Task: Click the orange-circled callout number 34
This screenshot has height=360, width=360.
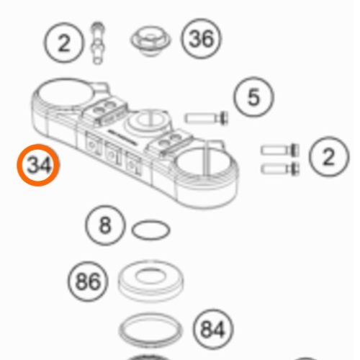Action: pos(38,165)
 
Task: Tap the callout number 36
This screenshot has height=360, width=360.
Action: pos(201,38)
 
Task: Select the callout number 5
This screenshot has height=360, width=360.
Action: pos(253,96)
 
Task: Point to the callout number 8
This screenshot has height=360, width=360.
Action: pos(105,225)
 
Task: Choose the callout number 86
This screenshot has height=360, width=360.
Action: pos(88,282)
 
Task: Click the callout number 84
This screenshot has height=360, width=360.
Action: pos(212,329)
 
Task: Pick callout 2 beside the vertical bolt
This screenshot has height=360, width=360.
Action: pos(64,42)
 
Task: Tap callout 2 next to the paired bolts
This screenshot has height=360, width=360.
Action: pos(329,156)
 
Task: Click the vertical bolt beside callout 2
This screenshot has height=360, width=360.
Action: pos(97,43)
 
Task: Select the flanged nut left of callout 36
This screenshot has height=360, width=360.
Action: pos(150,41)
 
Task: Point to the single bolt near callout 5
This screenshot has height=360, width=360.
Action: pos(207,118)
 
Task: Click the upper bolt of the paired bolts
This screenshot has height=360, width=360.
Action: pos(280,150)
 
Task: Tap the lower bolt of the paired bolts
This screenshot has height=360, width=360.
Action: pos(280,168)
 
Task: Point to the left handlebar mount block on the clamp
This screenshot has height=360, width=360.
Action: pos(106,111)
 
